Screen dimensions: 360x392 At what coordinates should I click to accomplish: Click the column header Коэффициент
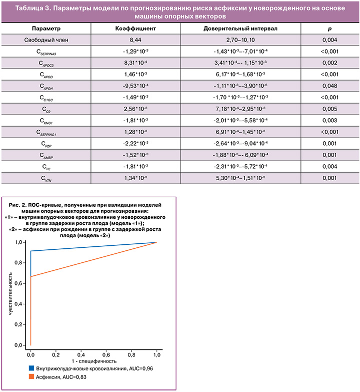pyautogui.click(x=135, y=29)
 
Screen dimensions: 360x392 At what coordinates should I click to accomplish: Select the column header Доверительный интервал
pyautogui.click(x=240, y=29)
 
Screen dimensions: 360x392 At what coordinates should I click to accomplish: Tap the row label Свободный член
pyautogui.click(x=46, y=40)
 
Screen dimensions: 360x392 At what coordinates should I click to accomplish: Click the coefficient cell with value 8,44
pyautogui.click(x=135, y=40)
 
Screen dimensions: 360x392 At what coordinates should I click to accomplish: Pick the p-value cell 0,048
pyautogui.click(x=329, y=86)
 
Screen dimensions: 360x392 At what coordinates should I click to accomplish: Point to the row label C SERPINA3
pyautogui.click(x=46, y=52)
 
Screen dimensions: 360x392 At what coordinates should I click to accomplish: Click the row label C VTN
pyautogui.click(x=46, y=179)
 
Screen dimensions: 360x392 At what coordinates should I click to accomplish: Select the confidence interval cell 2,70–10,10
pyautogui.click(x=240, y=40)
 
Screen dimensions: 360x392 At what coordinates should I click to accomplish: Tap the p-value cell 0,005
pyautogui.click(x=329, y=109)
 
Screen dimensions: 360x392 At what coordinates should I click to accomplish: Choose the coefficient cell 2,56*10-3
pyautogui.click(x=135, y=109)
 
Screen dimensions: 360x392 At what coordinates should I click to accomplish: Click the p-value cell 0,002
pyautogui.click(x=329, y=63)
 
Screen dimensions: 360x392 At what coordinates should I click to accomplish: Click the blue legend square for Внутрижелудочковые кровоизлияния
pyautogui.click(x=31, y=368)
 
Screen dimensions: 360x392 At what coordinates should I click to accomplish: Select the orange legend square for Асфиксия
pyautogui.click(x=31, y=376)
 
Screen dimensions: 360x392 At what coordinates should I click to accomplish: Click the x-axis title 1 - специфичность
pyautogui.click(x=94, y=361)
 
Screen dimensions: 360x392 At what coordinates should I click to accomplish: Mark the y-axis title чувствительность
pyautogui.click(x=10, y=293)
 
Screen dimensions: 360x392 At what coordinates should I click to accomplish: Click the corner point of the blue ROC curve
pyautogui.click(x=30, y=251)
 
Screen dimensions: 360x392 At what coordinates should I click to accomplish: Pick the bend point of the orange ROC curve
pyautogui.click(x=30, y=276)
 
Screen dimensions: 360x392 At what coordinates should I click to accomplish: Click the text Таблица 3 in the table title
pyautogui.click(x=32, y=8)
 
